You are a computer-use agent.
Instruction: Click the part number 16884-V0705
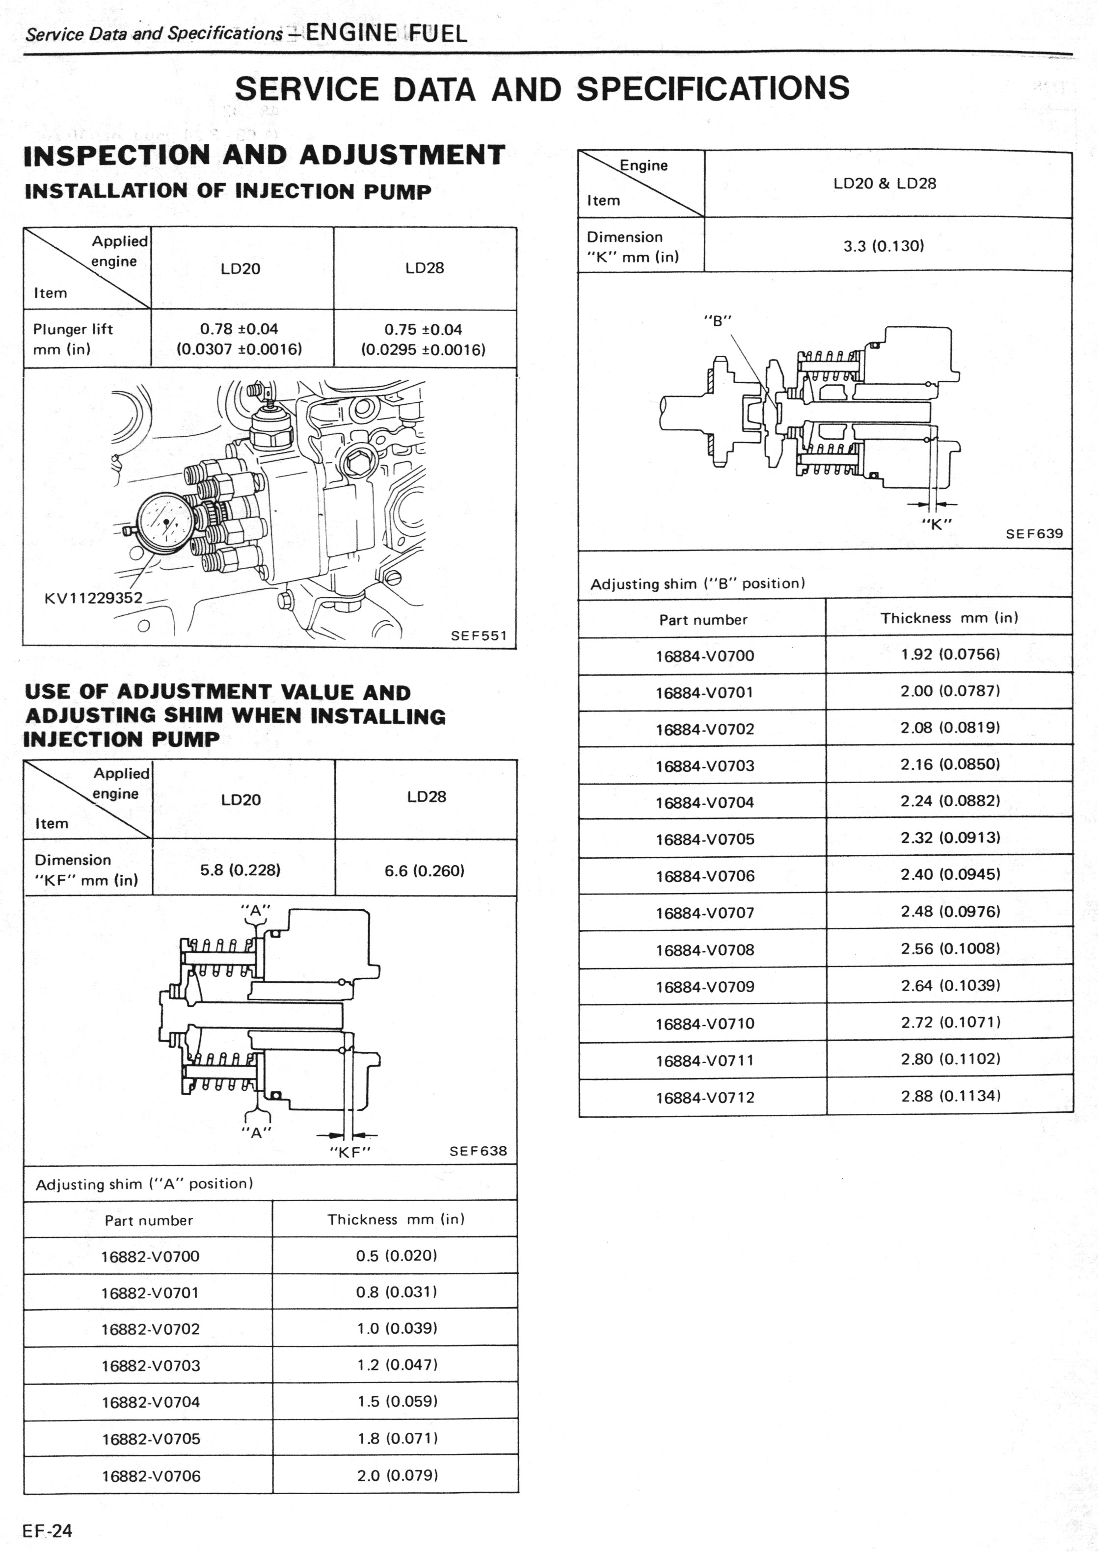pyautogui.click(x=704, y=840)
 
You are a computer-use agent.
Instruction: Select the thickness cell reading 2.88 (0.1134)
pyautogui.click(x=950, y=1096)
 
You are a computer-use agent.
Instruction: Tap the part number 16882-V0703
pyautogui.click(x=151, y=1366)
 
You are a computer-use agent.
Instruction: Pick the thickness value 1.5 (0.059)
pyautogui.click(x=398, y=1401)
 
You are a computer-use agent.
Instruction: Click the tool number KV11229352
pyautogui.click(x=93, y=598)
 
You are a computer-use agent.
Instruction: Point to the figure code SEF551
pyautogui.click(x=479, y=635)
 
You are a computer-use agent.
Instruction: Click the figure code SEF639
pyautogui.click(x=1034, y=533)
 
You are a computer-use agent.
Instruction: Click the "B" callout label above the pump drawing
pyautogui.click(x=717, y=320)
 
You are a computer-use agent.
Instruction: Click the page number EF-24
pyautogui.click(x=47, y=1530)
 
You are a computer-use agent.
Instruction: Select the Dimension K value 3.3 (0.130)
pyautogui.click(x=883, y=245)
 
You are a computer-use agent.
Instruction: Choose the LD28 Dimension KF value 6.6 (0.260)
pyautogui.click(x=425, y=870)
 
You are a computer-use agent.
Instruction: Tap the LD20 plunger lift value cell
pyautogui.click(x=240, y=339)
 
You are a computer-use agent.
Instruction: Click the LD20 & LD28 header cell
pyautogui.click(x=884, y=183)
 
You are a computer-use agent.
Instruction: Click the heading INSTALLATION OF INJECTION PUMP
pyautogui.click(x=228, y=191)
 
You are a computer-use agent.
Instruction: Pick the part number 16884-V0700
pyautogui.click(x=704, y=656)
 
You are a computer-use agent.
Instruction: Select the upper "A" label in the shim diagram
pyautogui.click(x=256, y=911)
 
